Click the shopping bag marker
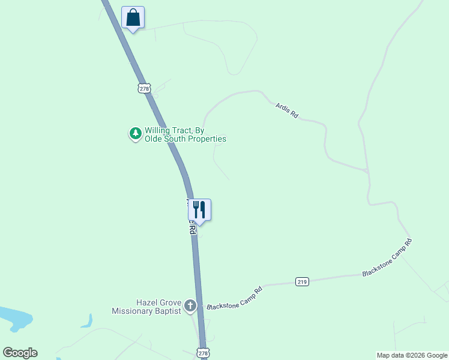[133, 17]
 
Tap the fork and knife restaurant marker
[199, 210]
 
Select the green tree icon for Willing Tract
[136, 133]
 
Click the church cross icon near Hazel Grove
[190, 306]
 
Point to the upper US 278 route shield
[143, 88]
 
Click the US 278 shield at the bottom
[203, 353]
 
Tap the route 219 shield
[303, 281]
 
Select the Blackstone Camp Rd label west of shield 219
[235, 298]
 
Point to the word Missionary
[133, 311]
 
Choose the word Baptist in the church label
[167, 311]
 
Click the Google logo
[20, 353]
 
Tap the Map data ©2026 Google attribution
[412, 355]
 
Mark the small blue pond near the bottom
[88, 322]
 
